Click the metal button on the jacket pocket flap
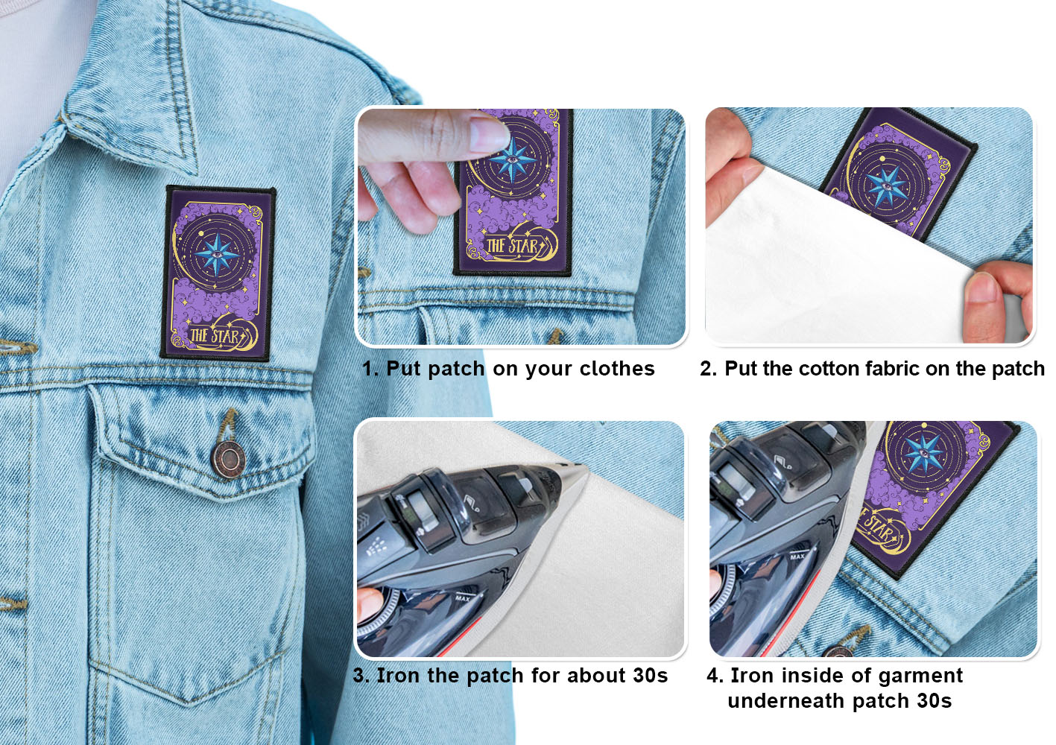[228, 458]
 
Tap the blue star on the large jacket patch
[217, 255]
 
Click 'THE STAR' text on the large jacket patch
[215, 336]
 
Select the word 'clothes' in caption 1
[617, 369]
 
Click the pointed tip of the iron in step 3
[584, 466]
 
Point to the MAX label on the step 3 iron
[463, 598]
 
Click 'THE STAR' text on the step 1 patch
[513, 246]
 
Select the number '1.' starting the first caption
[370, 369]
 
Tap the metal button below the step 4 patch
[838, 652]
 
